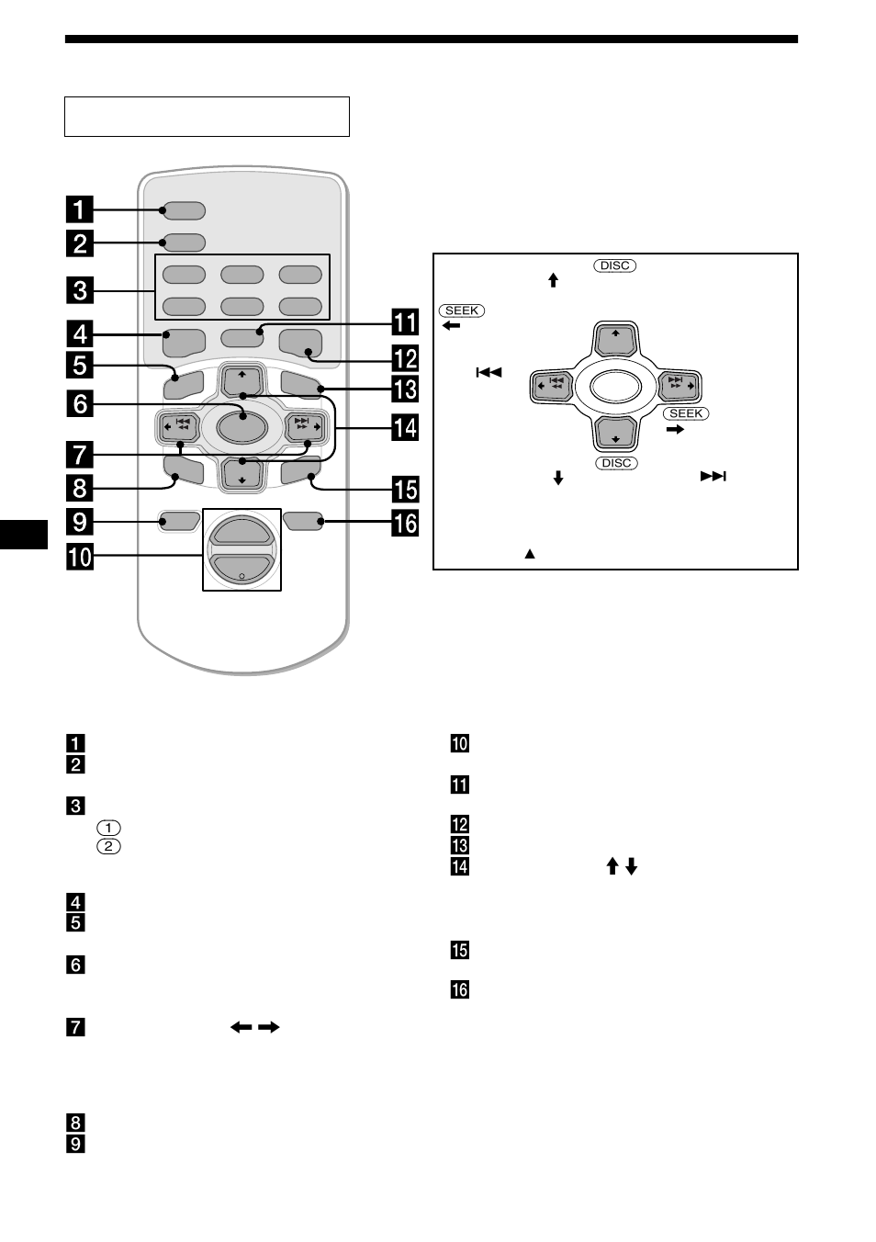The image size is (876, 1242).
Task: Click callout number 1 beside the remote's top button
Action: tap(80, 209)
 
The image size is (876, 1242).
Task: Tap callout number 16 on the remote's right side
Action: tap(406, 524)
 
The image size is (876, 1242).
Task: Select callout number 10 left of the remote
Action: tap(80, 556)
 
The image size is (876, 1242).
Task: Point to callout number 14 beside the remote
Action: tap(405, 427)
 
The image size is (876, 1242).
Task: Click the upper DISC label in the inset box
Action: tap(614, 265)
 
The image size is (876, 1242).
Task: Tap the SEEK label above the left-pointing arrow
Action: tap(462, 310)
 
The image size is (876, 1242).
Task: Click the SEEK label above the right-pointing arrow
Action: tap(686, 413)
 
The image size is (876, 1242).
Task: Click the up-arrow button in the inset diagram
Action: tap(615, 340)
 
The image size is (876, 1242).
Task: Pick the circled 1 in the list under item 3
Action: tap(108, 827)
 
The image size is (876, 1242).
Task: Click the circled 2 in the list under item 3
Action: tap(108, 846)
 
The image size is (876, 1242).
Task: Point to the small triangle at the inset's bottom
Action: tap(530, 554)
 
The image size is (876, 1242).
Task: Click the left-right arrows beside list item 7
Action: tap(254, 1027)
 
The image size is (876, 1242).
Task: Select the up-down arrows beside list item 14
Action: tap(622, 866)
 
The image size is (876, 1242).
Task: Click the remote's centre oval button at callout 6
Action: tap(242, 426)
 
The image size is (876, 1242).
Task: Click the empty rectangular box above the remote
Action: tap(207, 117)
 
